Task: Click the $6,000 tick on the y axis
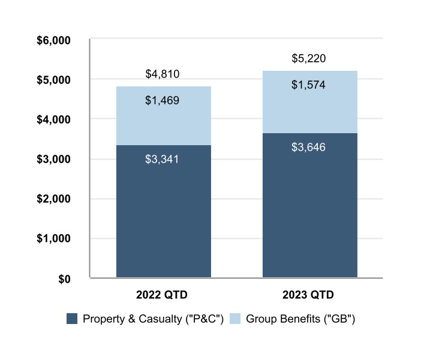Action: point(55,41)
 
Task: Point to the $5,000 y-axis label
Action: point(55,80)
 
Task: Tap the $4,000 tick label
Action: point(55,120)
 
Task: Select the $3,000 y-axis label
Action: point(55,160)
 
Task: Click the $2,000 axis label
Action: point(55,199)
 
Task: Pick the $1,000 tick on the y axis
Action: point(55,239)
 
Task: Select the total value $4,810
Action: point(163,74)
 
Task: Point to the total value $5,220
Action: point(309,59)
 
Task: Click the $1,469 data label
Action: point(163,101)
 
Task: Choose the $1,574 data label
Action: point(309,85)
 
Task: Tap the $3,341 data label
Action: point(163,160)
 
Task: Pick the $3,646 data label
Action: point(309,147)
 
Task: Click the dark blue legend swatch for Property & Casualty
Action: point(72,319)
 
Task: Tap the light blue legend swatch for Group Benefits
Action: point(236,319)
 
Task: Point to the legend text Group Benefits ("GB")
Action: point(300,319)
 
